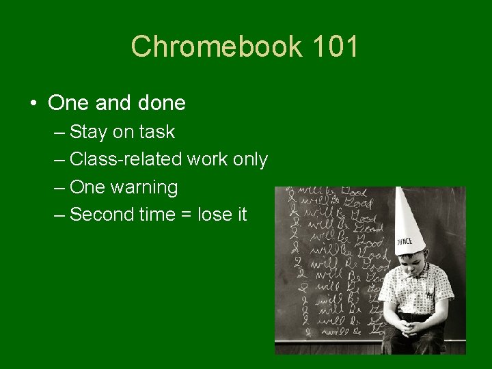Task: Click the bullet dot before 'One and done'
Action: tap(33, 104)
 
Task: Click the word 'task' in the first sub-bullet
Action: tap(157, 132)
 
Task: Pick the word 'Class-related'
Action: tap(125, 159)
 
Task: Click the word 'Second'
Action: tap(100, 215)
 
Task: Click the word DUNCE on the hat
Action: tap(406, 241)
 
